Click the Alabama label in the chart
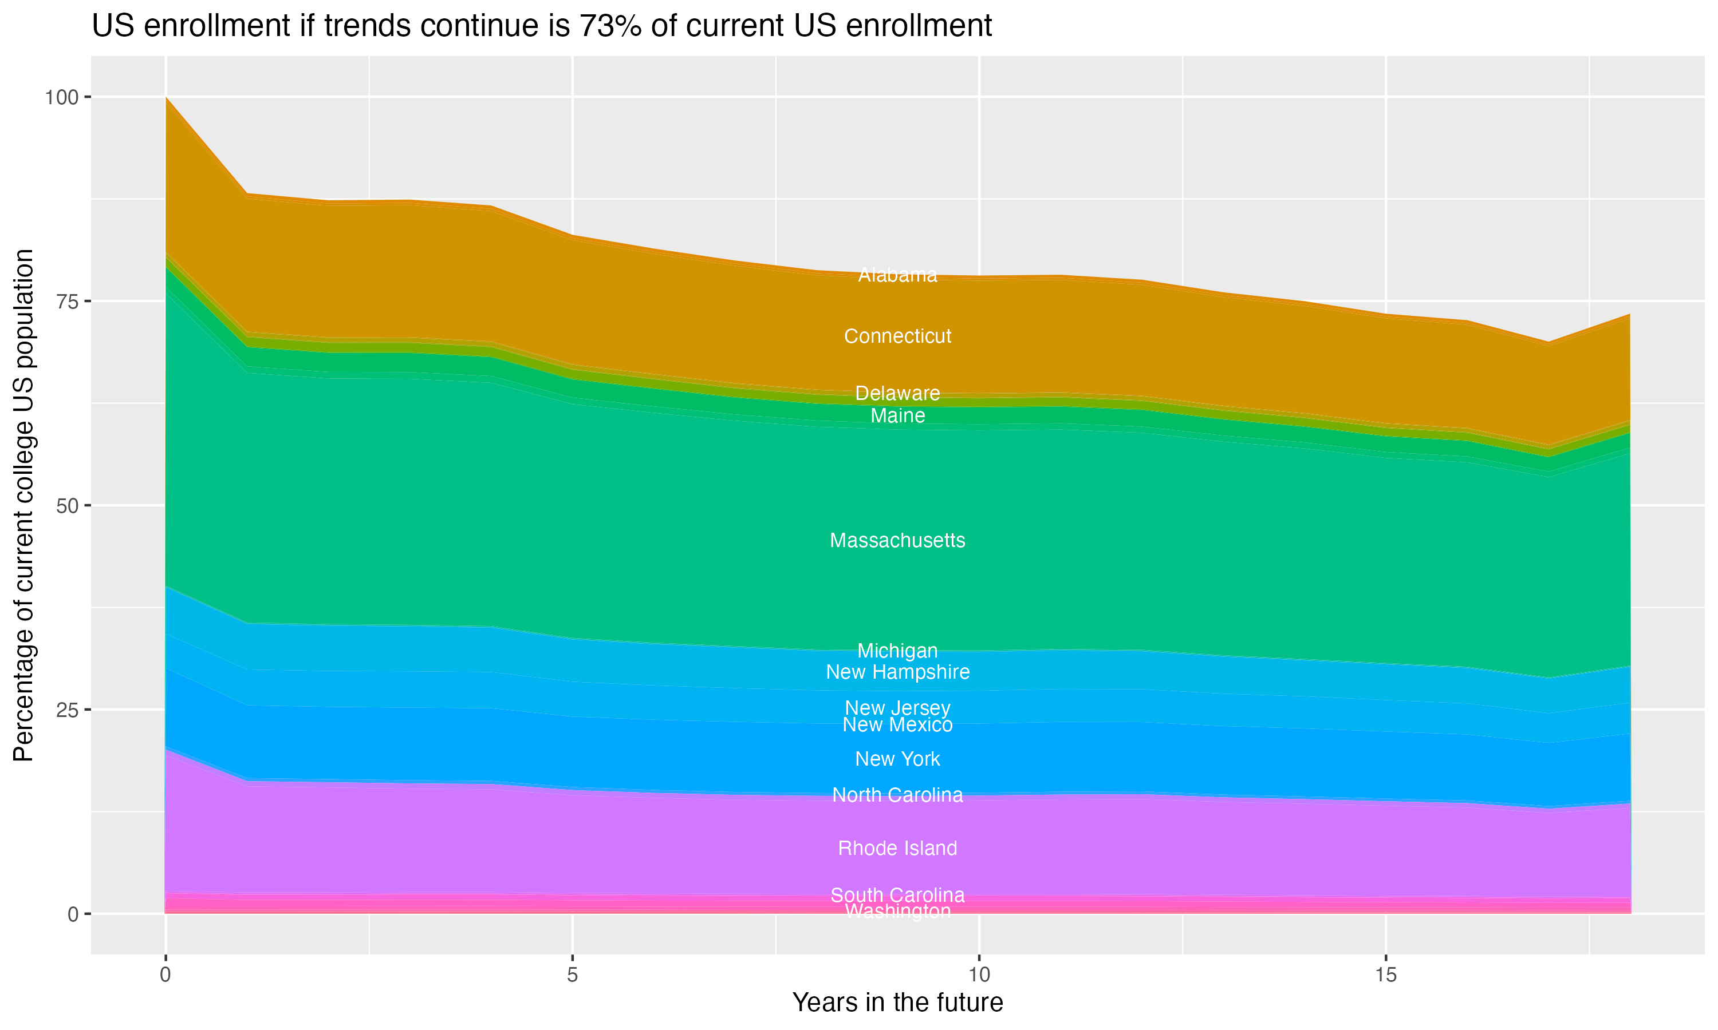[x=897, y=276]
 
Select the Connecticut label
[x=897, y=336]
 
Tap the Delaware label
[x=897, y=394]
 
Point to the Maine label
[x=897, y=417]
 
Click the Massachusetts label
[x=897, y=541]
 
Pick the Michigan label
[x=897, y=651]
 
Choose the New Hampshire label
[x=897, y=672]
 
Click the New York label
[x=897, y=759]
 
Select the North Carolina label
[x=897, y=795]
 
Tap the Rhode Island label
[x=897, y=849]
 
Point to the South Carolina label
[x=897, y=896]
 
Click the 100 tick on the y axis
[x=61, y=97]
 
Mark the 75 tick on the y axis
[x=68, y=301]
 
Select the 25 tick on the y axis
[x=68, y=710]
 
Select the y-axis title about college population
[x=23, y=505]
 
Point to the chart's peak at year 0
[x=166, y=98]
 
